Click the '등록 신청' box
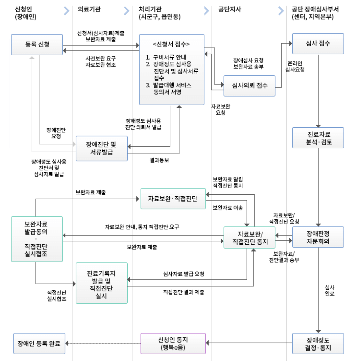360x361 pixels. click(x=37, y=44)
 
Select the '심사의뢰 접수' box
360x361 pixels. click(x=249, y=86)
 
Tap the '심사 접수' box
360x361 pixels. click(x=318, y=43)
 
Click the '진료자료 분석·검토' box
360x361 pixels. click(x=318, y=138)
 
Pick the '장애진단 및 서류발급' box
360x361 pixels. click(x=101, y=148)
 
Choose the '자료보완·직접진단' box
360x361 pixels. click(x=173, y=199)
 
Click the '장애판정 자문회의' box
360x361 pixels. click(x=318, y=237)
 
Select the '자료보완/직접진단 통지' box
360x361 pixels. click(x=249, y=238)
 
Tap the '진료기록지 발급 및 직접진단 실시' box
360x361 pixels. click(x=101, y=283)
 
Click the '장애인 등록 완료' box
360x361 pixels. click(x=39, y=343)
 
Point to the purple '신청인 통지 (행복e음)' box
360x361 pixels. click(x=173, y=343)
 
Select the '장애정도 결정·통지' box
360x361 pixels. click(x=318, y=343)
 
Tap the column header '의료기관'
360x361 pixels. click(x=89, y=10)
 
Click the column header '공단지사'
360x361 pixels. click(x=230, y=10)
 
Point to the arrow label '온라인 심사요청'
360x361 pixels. click(x=295, y=67)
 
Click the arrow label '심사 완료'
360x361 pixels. click(x=329, y=290)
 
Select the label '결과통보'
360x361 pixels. click(x=159, y=160)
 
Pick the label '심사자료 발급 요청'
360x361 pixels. click(x=184, y=274)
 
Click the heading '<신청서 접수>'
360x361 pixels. click(x=171, y=44)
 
